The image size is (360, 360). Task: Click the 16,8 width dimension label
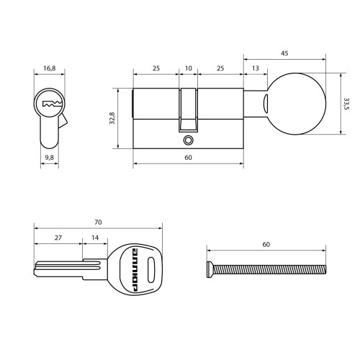tap(50, 68)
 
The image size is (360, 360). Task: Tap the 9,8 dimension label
tap(50, 158)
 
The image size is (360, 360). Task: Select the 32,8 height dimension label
tap(112, 118)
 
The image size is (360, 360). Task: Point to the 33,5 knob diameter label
tap(346, 104)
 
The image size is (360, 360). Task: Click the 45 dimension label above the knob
tap(284, 53)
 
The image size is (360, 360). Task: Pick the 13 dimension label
tap(256, 68)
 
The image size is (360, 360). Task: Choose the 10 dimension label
tap(189, 68)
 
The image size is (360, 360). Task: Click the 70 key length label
tap(98, 222)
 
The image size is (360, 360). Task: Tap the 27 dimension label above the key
tap(58, 238)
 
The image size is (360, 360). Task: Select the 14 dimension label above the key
tap(95, 238)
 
